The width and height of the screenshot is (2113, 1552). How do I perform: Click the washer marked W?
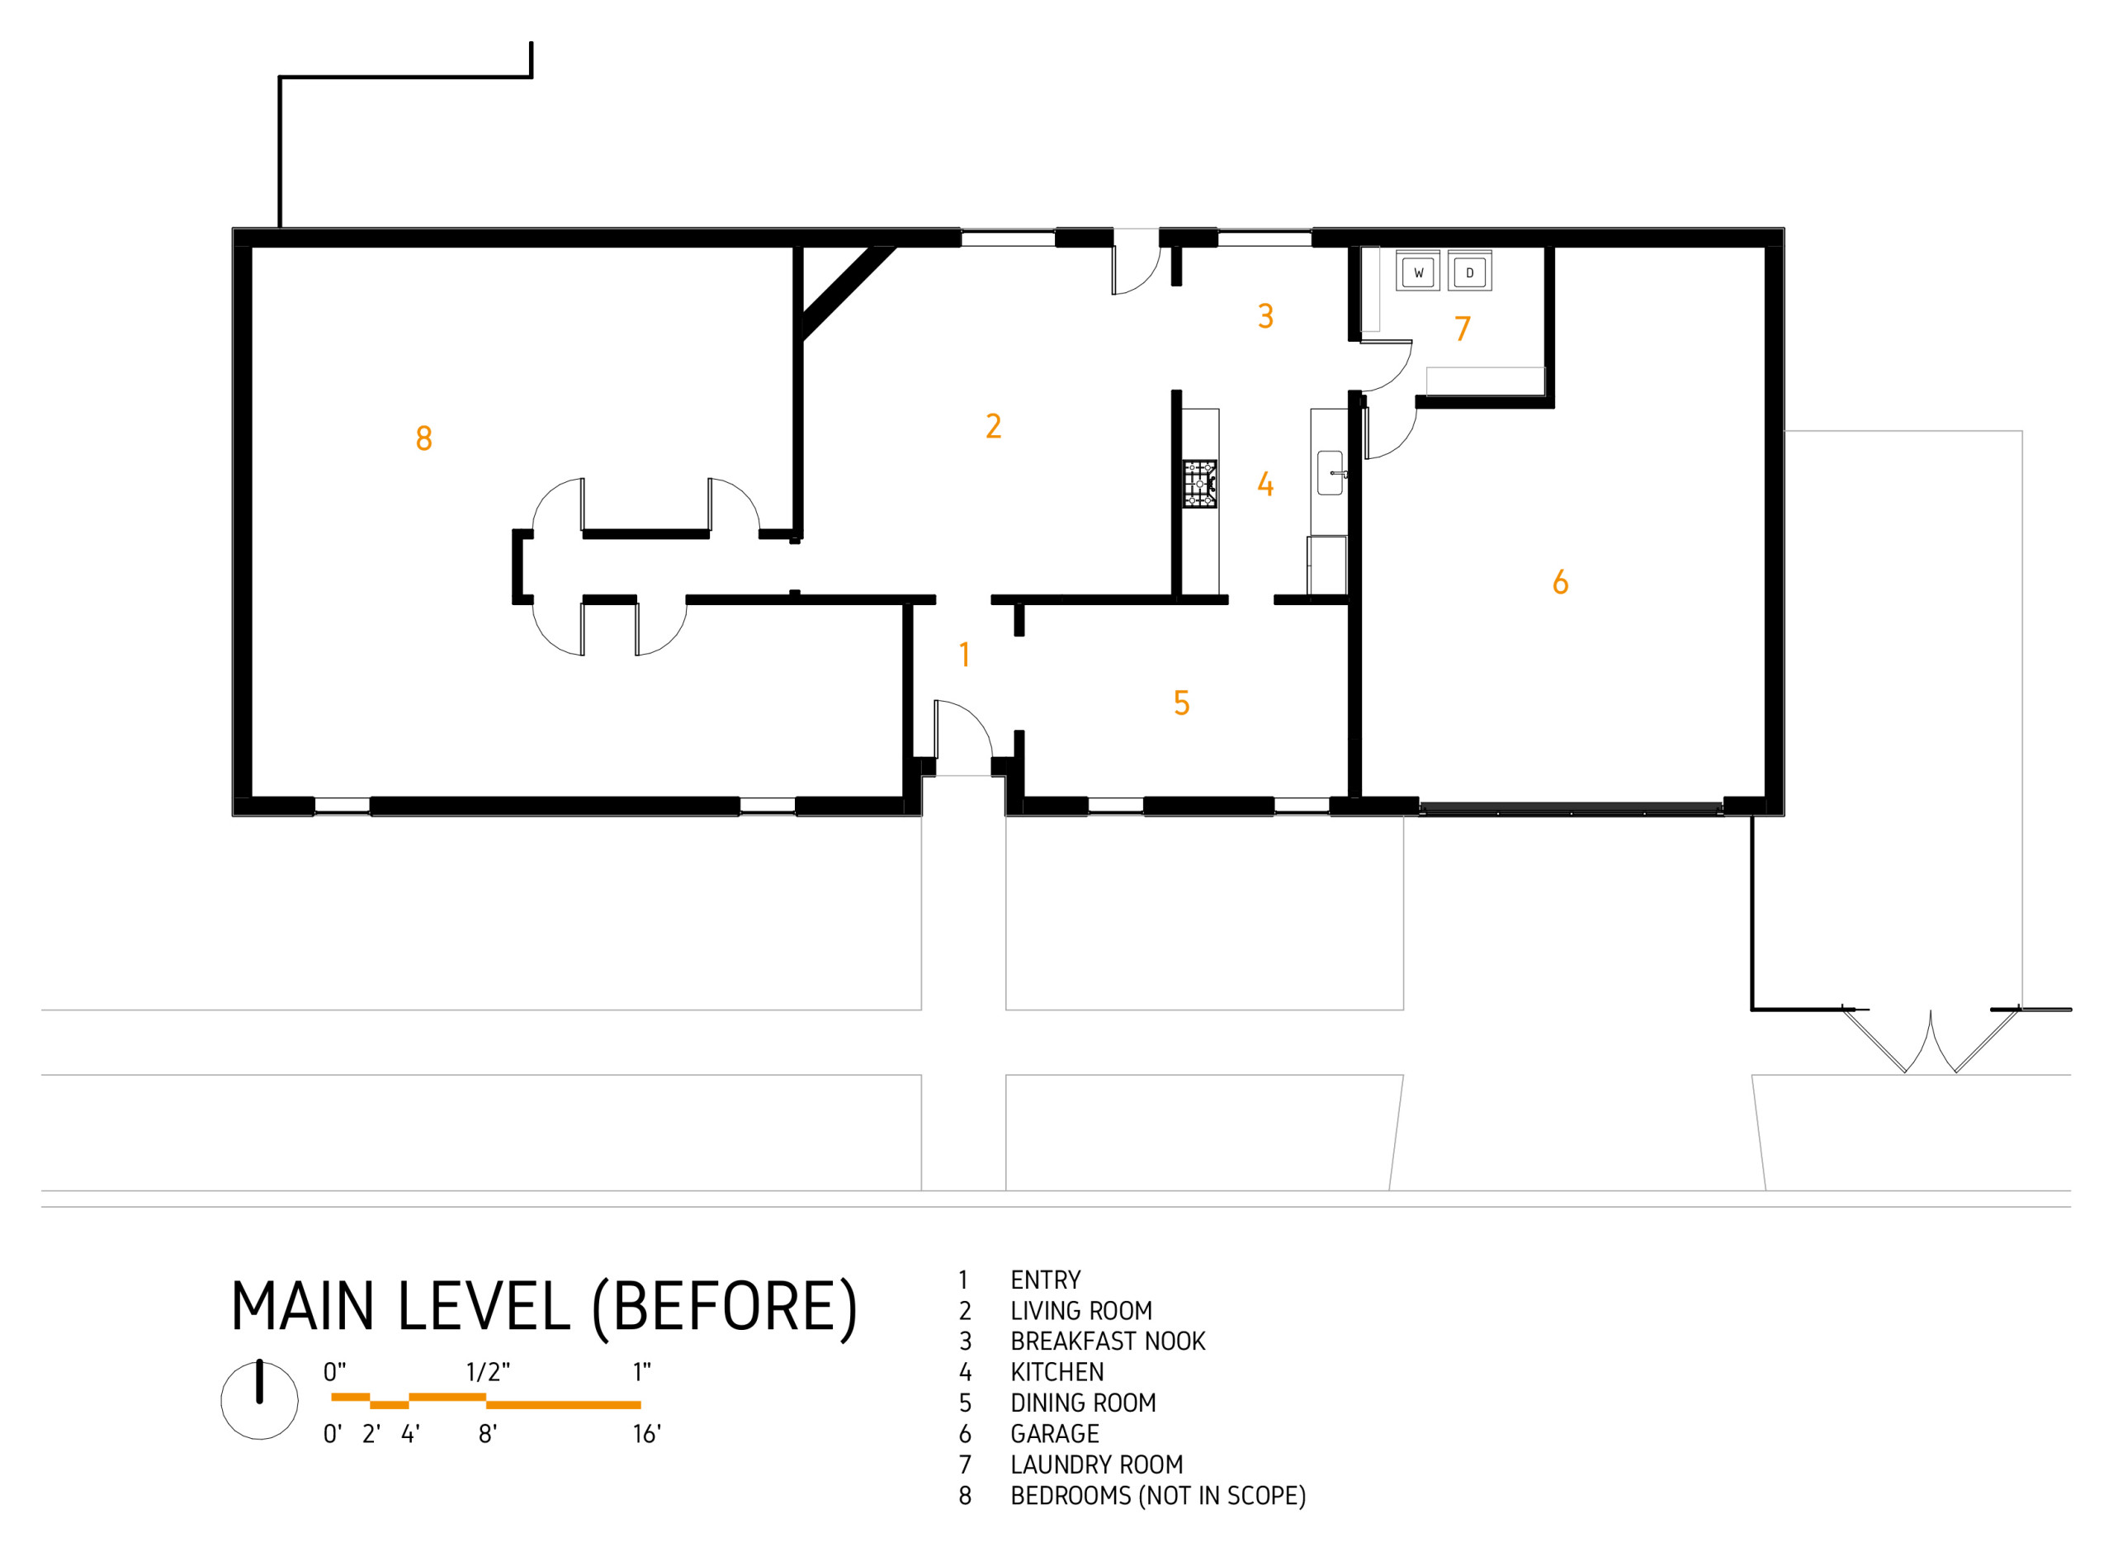pos(1417,272)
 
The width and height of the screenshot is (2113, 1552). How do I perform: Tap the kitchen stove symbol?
pos(1199,484)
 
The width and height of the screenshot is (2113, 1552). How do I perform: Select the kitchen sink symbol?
pos(1330,472)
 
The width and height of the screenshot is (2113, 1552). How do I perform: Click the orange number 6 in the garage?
pos(1560,583)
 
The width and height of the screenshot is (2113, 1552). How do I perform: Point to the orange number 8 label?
pos(423,438)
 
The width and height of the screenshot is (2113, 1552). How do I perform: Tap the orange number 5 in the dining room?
pos(1181,703)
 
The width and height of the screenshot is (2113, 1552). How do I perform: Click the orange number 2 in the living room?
pos(994,427)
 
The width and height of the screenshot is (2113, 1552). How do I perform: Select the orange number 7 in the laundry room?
pos(1463,329)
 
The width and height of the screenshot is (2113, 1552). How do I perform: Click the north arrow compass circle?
pos(259,1400)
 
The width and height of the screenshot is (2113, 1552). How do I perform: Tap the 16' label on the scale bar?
pos(646,1435)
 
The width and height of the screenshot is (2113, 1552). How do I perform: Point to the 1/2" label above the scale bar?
pos(488,1372)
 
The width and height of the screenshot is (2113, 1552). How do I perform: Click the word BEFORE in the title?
pos(724,1307)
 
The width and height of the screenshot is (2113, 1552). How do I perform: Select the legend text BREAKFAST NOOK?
pos(1107,1341)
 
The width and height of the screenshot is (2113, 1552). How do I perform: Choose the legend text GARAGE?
pos(1054,1435)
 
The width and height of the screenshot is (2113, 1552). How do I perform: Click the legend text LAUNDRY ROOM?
pos(1096,1465)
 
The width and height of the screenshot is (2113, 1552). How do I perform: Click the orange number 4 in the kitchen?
pos(1265,485)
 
